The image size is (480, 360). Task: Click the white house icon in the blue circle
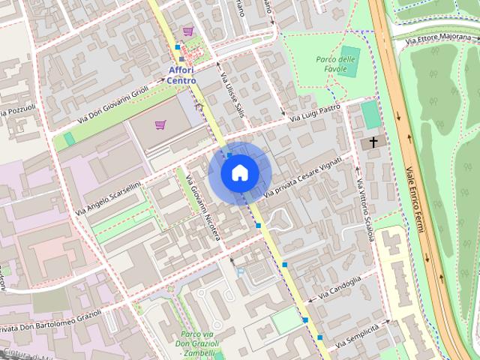pos(238,172)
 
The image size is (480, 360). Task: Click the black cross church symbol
pos(371,142)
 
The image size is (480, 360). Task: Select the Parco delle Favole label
pos(335,64)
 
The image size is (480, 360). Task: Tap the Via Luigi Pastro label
pos(315,112)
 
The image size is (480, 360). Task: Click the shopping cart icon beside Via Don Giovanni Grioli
pos(160,124)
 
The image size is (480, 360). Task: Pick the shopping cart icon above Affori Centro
pos(187,31)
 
